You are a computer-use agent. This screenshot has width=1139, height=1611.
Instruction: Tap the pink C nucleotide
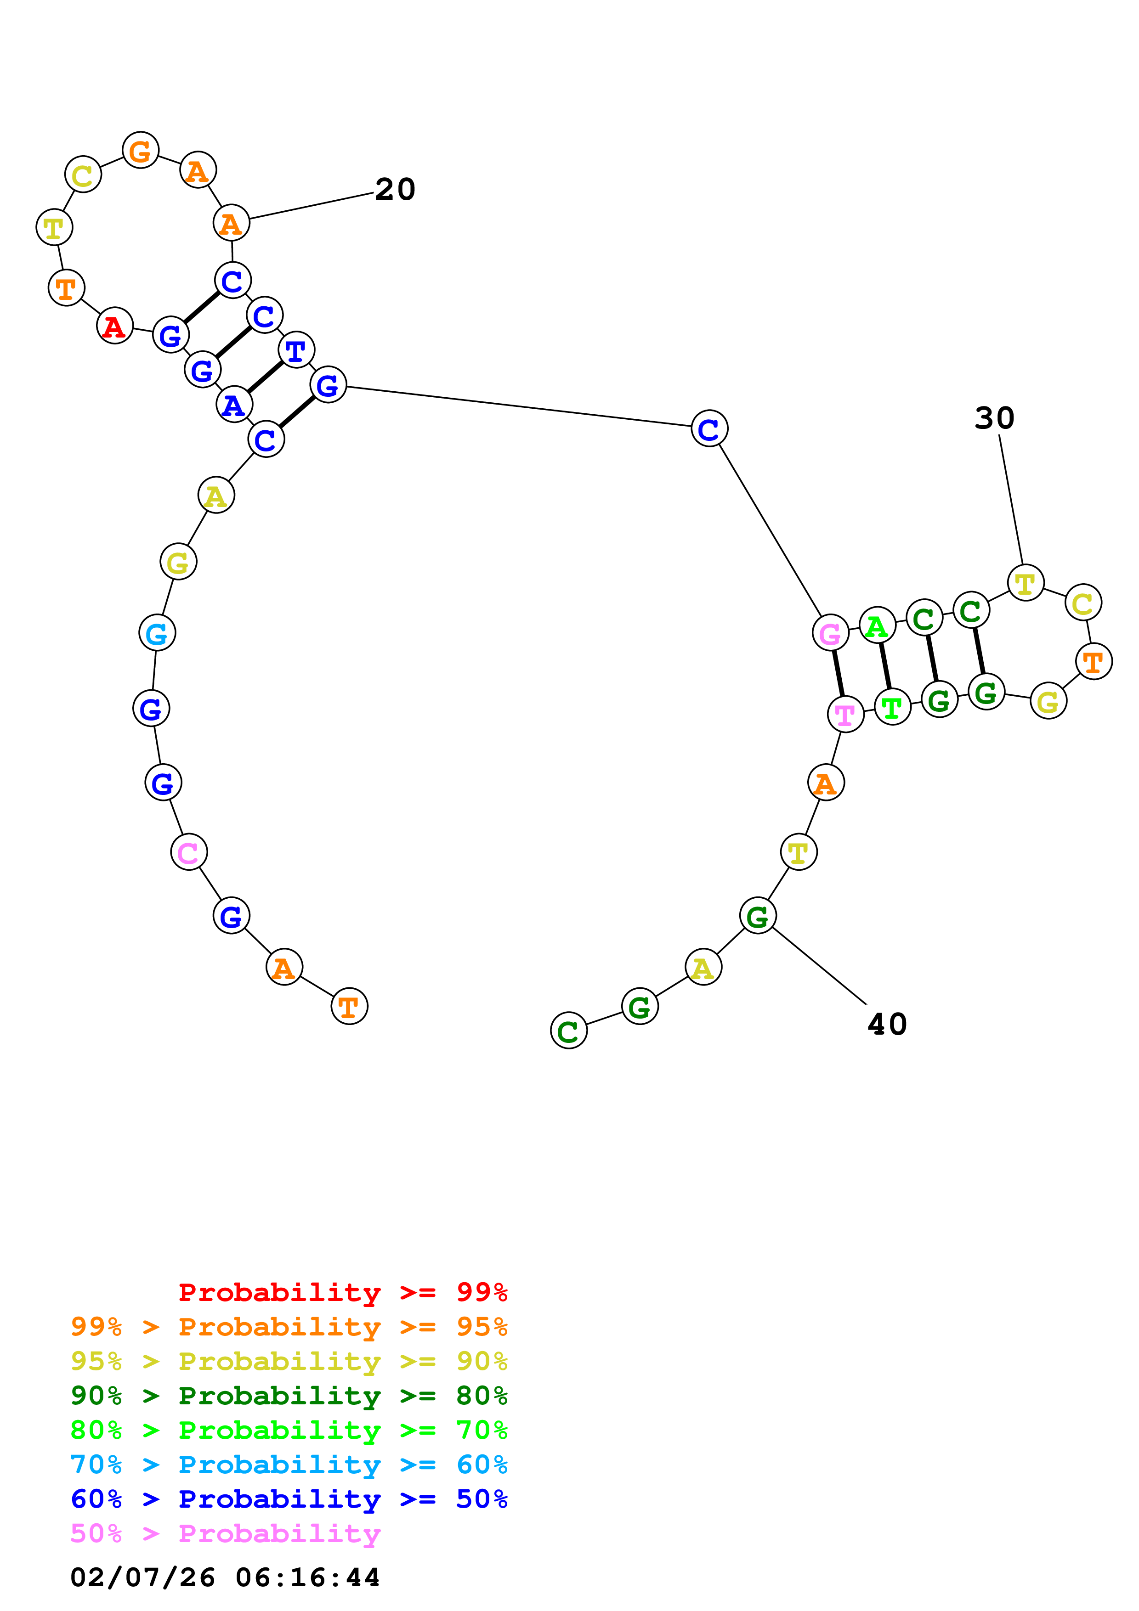click(x=188, y=852)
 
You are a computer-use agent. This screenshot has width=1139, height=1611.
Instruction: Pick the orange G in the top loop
click(x=140, y=151)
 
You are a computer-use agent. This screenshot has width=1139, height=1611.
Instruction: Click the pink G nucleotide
click(x=830, y=634)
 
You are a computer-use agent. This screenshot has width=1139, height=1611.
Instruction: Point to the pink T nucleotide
click(x=845, y=714)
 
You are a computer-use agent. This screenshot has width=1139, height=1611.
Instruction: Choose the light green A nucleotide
click(x=877, y=626)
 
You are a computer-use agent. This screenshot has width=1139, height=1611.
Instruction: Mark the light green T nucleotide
click(x=892, y=707)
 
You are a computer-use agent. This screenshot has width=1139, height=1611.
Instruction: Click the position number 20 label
click(x=395, y=190)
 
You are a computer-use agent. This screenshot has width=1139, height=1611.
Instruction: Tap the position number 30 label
click(x=994, y=418)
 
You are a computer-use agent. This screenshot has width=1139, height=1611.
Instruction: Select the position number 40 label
click(x=887, y=1025)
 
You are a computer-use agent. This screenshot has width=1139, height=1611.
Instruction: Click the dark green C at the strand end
click(x=568, y=1030)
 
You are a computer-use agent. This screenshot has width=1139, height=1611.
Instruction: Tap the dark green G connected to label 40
click(x=758, y=916)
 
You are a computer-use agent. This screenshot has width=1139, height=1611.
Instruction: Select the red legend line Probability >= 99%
click(x=342, y=1292)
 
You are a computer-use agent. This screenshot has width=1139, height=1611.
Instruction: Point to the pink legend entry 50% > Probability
click(x=225, y=1534)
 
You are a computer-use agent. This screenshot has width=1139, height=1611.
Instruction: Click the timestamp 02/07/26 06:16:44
click(x=225, y=1578)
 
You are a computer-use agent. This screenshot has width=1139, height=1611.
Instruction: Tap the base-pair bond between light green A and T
click(x=884, y=666)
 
